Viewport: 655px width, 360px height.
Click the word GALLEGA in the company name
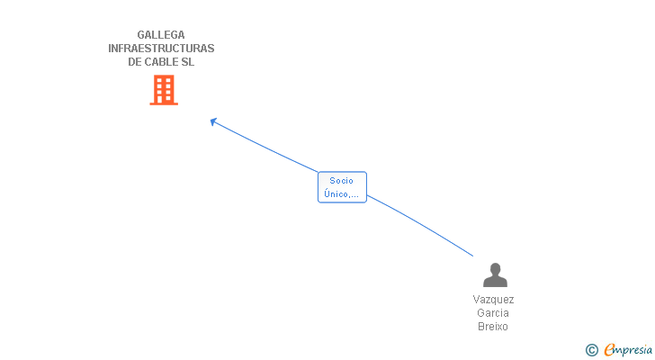point(161,35)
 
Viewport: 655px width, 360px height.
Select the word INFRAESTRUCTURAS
point(161,49)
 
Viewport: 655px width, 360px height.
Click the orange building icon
point(163,90)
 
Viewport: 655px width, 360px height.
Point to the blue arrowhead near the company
point(213,121)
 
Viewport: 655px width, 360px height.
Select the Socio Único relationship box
point(342,187)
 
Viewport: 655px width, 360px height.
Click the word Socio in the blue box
point(342,181)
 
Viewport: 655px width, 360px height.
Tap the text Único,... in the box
point(342,193)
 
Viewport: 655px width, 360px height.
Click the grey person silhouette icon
point(494,275)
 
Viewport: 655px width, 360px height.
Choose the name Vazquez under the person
point(493,300)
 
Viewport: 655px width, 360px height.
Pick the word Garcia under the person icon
point(493,313)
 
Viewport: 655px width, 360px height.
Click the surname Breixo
point(493,327)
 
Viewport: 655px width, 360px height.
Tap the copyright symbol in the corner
point(591,350)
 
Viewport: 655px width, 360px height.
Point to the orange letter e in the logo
point(609,350)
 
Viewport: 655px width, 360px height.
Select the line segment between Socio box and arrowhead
point(265,147)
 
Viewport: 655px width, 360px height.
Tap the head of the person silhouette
point(494,269)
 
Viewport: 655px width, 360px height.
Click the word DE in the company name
point(135,62)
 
